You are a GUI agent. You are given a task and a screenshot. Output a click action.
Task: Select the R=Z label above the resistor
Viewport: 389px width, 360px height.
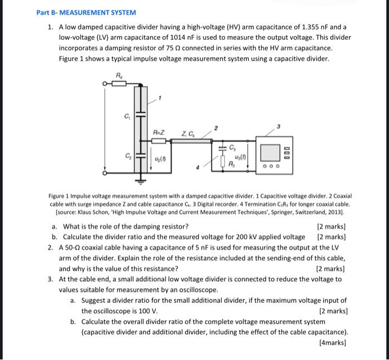(158, 132)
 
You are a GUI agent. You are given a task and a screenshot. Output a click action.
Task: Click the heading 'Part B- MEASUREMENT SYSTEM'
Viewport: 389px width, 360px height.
(86, 12)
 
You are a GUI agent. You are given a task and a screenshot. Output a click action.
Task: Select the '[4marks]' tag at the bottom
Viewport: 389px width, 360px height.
(333, 343)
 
